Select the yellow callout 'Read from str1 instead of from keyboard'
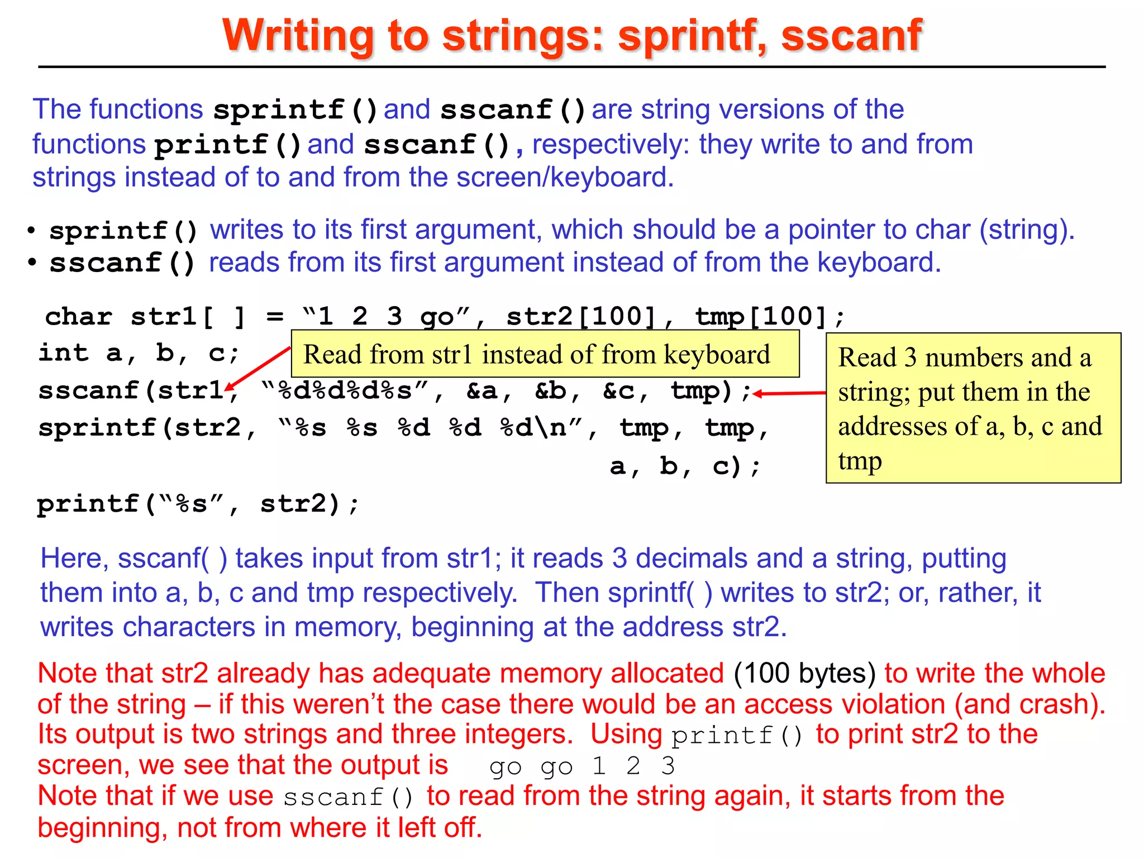click(x=545, y=354)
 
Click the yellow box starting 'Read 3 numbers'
click(x=973, y=408)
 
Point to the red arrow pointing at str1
click(x=258, y=368)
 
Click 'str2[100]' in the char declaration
click(x=581, y=317)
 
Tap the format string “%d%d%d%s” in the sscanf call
click(x=345, y=391)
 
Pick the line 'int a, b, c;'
click(x=139, y=354)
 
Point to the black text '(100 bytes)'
click(x=804, y=673)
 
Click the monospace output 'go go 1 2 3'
click(x=581, y=766)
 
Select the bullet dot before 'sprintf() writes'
click(x=32, y=230)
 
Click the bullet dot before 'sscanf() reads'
click(x=32, y=263)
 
